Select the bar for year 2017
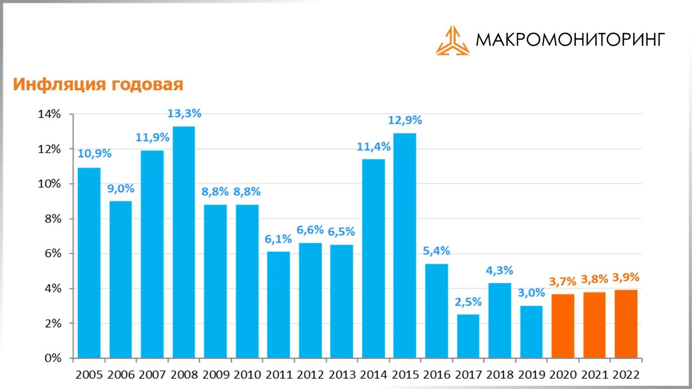tap(468, 336)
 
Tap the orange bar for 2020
tap(563, 326)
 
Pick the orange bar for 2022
tap(626, 324)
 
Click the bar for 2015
tap(404, 245)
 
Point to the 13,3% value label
tap(184, 113)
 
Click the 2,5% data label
tap(468, 302)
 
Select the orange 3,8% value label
tap(594, 280)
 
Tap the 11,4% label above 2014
tap(373, 146)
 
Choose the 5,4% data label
tap(436, 251)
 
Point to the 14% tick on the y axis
tap(49, 114)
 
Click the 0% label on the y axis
tap(52, 358)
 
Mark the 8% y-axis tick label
tap(52, 219)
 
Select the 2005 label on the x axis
tap(89, 374)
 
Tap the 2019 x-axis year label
tap(531, 374)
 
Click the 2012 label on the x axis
tap(310, 374)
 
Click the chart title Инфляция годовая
tap(98, 85)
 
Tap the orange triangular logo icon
tap(453, 41)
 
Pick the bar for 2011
tap(278, 305)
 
